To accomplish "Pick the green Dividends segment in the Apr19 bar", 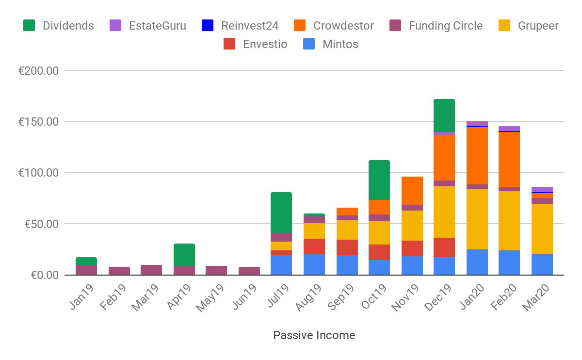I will (184, 255).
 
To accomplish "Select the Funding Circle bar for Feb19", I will (119, 271).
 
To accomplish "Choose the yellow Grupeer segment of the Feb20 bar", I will (509, 221).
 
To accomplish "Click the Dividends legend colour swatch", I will (30, 26).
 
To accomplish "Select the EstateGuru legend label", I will (157, 26).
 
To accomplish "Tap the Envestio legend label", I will (265, 44).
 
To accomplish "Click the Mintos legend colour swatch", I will (309, 44).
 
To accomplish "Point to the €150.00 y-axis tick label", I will (38, 122).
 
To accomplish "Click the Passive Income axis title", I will (314, 335).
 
